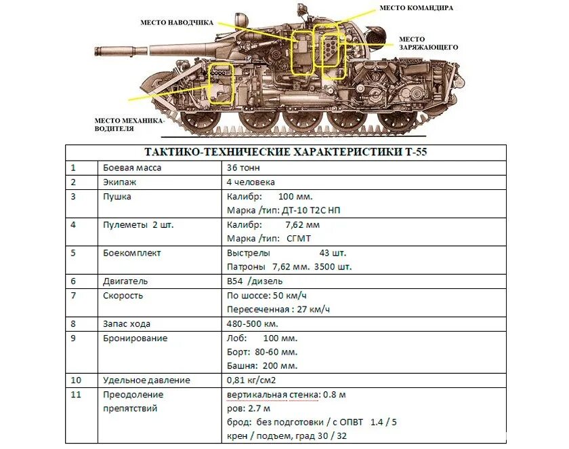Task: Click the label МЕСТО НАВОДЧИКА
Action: [177, 22]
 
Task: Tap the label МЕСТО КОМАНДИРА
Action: [416, 7]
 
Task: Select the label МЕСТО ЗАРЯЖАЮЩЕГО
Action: [428, 43]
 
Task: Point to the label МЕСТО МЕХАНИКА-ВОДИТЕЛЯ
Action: [129, 124]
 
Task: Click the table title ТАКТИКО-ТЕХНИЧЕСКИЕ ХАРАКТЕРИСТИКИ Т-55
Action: [286, 152]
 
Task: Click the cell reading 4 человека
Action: [251, 182]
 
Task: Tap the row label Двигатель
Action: [125, 281]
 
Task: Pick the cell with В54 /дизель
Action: [255, 281]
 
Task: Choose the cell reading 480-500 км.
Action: [253, 324]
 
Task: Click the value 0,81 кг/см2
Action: [251, 380]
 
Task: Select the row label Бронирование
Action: [135, 338]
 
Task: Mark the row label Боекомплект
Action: [132, 252]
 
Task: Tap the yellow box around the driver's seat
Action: [223, 83]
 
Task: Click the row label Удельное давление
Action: [146, 380]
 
